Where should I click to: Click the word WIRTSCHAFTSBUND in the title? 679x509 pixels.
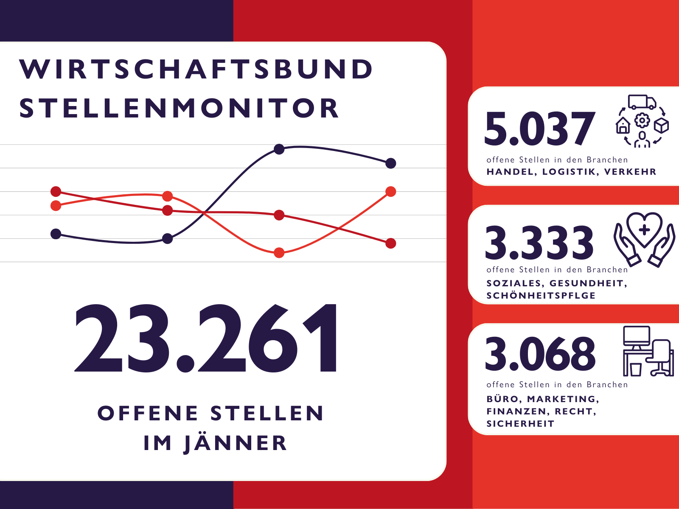pyautogui.click(x=196, y=69)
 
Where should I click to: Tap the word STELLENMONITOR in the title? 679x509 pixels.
pyautogui.click(x=179, y=108)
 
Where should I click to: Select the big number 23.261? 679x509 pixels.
pyautogui.click(x=207, y=338)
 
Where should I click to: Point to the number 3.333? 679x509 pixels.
pyautogui.click(x=539, y=243)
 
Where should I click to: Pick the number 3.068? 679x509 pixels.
pyautogui.click(x=540, y=353)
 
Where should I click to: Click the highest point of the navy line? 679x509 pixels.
pyautogui.click(x=279, y=149)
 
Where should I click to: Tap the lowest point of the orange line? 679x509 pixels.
pyautogui.click(x=279, y=253)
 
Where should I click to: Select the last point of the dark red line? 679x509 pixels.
pyautogui.click(x=391, y=243)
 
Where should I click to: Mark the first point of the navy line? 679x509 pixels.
pyautogui.click(x=56, y=234)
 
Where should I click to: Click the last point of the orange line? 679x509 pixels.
pyautogui.click(x=391, y=192)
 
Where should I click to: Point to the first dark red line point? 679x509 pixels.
pyautogui.click(x=56, y=192)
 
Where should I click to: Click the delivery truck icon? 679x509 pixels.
pyautogui.click(x=642, y=102)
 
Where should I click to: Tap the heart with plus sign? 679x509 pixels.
pyautogui.click(x=644, y=229)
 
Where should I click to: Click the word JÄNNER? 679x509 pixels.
pyautogui.click(x=236, y=444)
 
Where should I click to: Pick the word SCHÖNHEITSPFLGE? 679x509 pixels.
pyautogui.click(x=541, y=296)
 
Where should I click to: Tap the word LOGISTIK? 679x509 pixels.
pyautogui.click(x=569, y=172)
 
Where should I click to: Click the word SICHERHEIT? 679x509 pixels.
pyautogui.click(x=520, y=424)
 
